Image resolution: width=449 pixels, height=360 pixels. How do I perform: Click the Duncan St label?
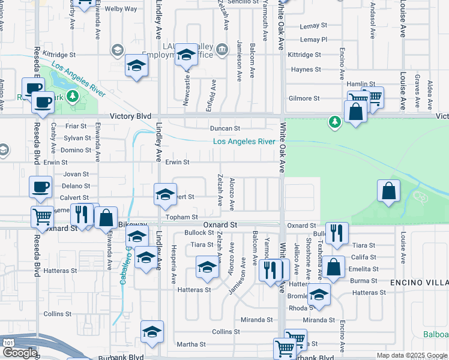pyautogui.click(x=224, y=128)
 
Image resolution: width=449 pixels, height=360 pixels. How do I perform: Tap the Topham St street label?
pyautogui.click(x=182, y=217)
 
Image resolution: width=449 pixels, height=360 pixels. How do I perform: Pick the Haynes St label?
pyautogui.click(x=307, y=70)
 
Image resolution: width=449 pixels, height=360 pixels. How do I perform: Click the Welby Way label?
pyautogui.click(x=121, y=9)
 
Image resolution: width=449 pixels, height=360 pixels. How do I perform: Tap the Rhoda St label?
pyautogui.click(x=298, y=308)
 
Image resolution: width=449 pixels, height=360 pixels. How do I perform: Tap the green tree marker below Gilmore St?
pyautogui.click(x=334, y=122)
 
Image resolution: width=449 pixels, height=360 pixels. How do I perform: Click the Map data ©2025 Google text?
pyautogui.click(x=411, y=355)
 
